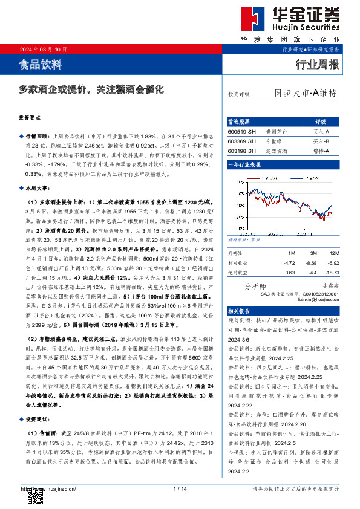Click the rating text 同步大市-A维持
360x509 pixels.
pyautogui.click(x=305, y=93)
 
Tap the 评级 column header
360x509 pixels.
pyautogui.click(x=321, y=121)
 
